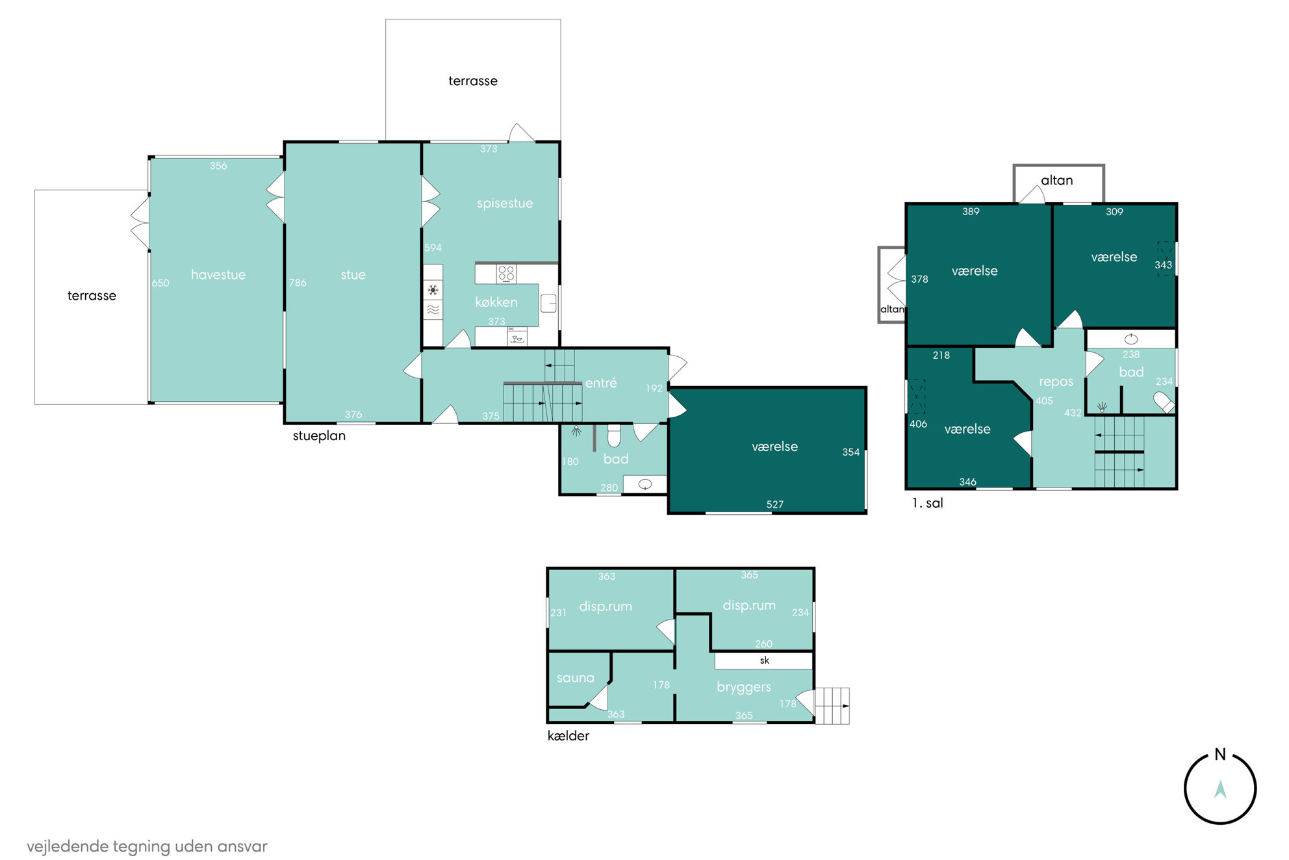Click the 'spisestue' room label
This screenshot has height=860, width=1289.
[505, 203]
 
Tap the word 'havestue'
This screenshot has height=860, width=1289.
[218, 275]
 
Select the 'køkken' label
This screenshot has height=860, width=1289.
[496, 302]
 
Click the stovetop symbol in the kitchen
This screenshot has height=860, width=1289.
[506, 274]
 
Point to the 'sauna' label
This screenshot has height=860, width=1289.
[576, 678]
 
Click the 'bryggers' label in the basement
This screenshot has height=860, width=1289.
[744, 688]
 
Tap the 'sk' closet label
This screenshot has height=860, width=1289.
[765, 660]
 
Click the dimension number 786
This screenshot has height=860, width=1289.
[298, 283]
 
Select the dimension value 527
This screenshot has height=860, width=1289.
[775, 504]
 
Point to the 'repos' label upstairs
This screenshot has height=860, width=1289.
[1056, 382]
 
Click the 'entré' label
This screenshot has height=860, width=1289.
[601, 383]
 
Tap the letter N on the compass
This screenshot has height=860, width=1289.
[1220, 755]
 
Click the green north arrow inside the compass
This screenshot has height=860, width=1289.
[1220, 789]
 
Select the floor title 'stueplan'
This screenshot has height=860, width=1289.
[319, 436]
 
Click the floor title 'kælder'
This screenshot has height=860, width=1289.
[568, 736]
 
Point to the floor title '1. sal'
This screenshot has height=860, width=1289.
[927, 503]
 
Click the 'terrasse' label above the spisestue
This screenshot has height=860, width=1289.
[473, 81]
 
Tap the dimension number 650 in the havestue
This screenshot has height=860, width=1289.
[160, 283]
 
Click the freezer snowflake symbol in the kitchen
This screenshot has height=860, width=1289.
[433, 290]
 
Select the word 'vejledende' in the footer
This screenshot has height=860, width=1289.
[68, 846]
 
